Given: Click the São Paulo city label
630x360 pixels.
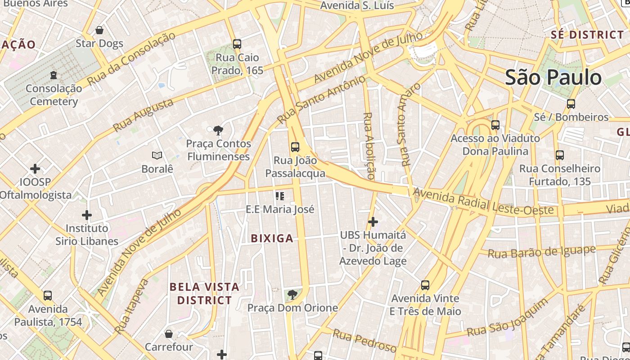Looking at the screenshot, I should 553,77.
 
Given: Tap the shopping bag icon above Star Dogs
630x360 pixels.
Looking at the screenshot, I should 99,30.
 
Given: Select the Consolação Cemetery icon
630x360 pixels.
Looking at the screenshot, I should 54,75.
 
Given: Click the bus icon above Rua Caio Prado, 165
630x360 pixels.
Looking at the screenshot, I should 237,44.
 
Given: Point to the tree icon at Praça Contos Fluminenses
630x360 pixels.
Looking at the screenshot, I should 219,130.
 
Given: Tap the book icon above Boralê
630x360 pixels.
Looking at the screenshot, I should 157,156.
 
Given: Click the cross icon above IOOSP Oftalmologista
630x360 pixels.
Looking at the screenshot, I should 35,169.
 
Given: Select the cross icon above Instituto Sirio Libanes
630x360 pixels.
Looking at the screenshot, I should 87,215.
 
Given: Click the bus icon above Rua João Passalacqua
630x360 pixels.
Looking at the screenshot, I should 295,147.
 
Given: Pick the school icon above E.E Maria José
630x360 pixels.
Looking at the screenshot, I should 280,196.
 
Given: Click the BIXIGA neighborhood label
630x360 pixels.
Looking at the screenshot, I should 272,238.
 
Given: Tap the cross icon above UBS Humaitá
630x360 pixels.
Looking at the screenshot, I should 373,222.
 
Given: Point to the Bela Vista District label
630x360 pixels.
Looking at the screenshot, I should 204,293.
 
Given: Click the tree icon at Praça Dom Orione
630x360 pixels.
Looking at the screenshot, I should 292,295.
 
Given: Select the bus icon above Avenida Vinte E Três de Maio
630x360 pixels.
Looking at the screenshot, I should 425,285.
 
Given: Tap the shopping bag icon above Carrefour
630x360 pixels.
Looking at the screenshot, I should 169,334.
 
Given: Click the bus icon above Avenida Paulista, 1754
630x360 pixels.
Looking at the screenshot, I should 48,296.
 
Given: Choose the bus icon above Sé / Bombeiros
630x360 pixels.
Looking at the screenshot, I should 571,104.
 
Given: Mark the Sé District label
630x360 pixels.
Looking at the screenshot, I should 587,35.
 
